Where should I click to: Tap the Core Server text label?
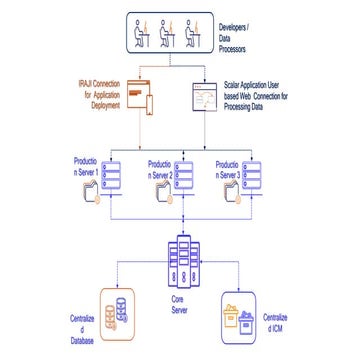point(179,302)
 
